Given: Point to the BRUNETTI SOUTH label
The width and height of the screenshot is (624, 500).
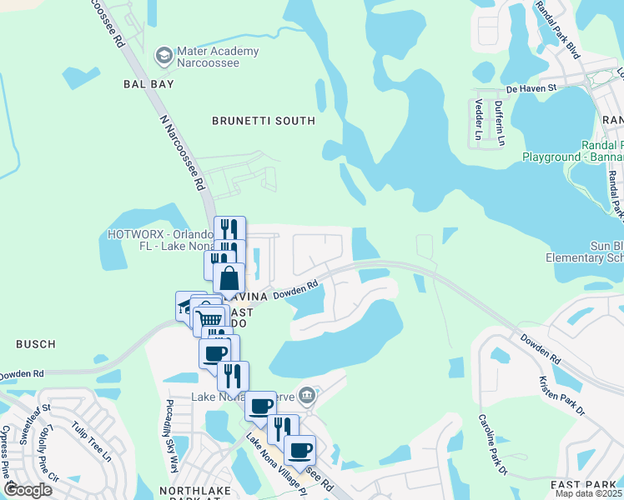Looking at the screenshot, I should (264, 121).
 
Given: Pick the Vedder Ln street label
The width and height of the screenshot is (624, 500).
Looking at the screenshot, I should (479, 119).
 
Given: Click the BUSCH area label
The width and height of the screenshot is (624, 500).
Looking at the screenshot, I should (35, 343).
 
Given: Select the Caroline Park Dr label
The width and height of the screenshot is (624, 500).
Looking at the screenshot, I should (492, 445).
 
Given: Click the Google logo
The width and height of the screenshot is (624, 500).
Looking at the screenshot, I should (28, 489).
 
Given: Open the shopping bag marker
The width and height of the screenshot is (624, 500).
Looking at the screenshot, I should (229, 278).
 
